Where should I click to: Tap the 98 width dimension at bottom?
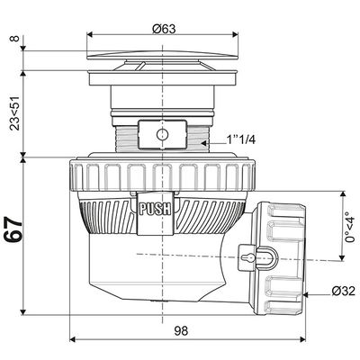[x=180, y=331]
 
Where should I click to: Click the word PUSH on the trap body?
[x=150, y=207]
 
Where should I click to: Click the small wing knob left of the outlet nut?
[x=245, y=253]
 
